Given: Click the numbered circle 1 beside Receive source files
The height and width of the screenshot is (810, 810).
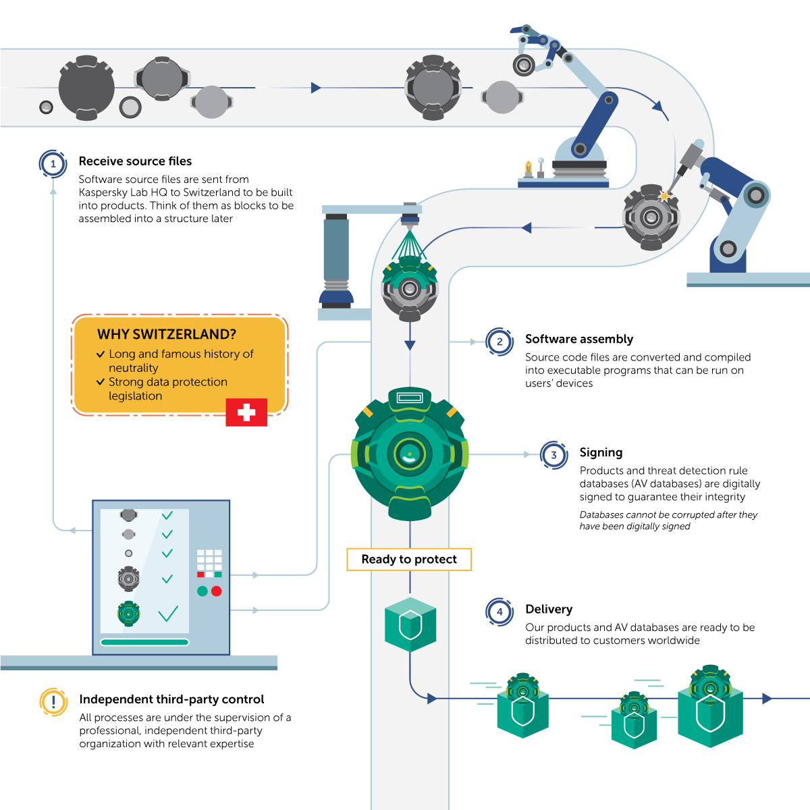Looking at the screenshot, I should pos(53,164).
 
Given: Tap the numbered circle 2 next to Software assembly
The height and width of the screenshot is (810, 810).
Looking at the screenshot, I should pos(500,342).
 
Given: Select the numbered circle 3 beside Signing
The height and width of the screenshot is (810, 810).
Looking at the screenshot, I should pos(554,455).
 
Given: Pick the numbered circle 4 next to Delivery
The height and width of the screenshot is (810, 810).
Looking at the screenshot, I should pos(500,612).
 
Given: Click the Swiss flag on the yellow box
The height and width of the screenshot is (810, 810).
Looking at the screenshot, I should pos(246,412).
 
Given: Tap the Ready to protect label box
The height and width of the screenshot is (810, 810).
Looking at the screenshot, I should pos(409,560).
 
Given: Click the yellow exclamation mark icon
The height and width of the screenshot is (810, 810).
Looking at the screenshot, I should pos(53,702).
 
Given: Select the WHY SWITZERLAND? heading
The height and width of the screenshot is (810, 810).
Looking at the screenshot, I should pos(167,334).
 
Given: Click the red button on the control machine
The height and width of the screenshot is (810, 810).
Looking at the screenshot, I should pos(217,591).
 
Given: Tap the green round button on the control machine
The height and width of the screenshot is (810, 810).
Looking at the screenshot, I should pos(202,591).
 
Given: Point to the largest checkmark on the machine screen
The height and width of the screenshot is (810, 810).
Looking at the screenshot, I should pos(168,614).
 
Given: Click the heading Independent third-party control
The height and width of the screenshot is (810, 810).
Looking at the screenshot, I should pos(171,699).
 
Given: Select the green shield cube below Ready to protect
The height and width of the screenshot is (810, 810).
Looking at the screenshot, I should pos(410,624).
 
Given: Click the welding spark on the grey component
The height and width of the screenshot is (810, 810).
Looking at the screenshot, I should pos(665,196).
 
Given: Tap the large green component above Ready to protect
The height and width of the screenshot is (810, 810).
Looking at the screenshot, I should pos(410,454).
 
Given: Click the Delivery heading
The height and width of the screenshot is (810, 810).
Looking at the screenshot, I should pos(549,609).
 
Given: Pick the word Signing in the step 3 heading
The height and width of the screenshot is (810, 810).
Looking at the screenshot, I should pos(601,452).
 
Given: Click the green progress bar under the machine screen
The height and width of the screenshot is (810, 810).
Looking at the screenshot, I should pos(144,642).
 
